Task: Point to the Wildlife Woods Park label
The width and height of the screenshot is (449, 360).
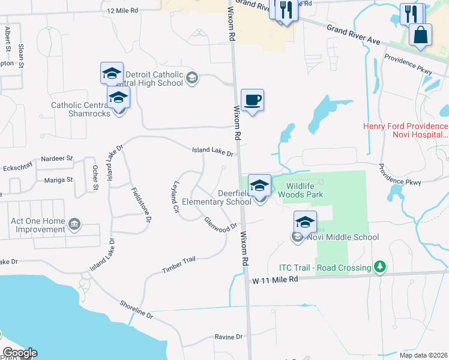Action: (304, 190)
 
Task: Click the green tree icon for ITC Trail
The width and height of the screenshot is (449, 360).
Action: (379, 266)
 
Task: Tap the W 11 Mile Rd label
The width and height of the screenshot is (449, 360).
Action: (274, 280)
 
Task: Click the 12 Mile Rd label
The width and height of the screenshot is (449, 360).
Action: (122, 11)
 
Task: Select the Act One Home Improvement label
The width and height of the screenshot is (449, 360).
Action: (38, 225)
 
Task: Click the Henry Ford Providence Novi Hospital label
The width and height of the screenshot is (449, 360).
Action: (405, 131)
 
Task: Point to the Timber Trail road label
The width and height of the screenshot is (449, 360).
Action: (179, 265)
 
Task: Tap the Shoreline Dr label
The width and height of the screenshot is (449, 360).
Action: (136, 308)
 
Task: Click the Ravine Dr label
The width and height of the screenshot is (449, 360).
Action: (229, 337)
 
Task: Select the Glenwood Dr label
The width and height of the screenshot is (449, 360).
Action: (217, 225)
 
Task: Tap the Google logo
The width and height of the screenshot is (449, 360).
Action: (19, 353)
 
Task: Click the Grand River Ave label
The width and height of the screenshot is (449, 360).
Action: (354, 35)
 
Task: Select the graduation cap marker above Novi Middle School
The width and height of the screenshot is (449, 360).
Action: (305, 222)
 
